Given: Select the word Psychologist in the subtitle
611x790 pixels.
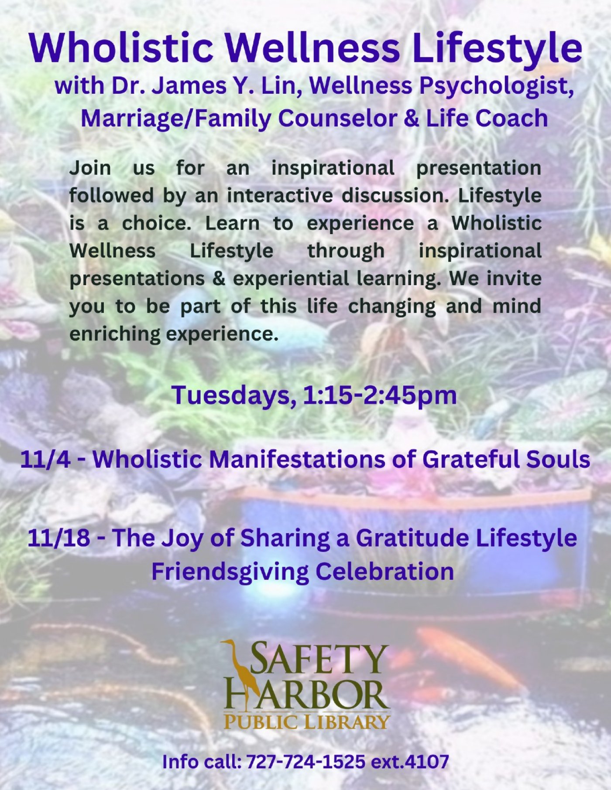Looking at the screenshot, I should point(496,86).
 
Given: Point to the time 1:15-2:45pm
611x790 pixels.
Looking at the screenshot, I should point(379,395).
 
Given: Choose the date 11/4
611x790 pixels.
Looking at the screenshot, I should point(45,459).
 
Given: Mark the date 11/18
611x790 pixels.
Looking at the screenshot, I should point(59,538).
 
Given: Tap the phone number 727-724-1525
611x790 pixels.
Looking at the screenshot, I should point(305,762).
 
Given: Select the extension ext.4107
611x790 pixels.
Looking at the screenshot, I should point(410,762).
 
